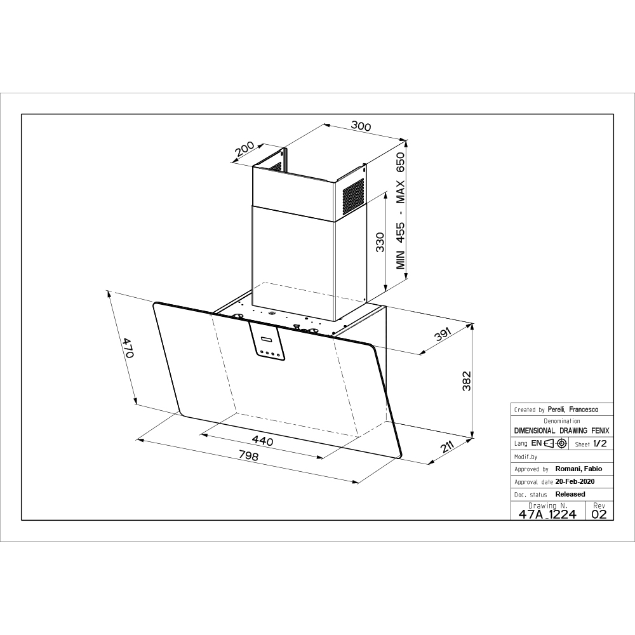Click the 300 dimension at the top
click(x=361, y=126)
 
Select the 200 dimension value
click(x=244, y=149)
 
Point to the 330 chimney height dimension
click(x=380, y=242)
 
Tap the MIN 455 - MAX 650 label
click(x=400, y=211)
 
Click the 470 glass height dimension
click(x=128, y=348)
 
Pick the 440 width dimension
click(x=262, y=440)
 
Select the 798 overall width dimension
click(x=248, y=455)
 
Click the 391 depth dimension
click(x=442, y=335)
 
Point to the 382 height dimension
click(x=467, y=380)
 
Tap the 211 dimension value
click(x=446, y=447)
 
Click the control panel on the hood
click(x=267, y=340)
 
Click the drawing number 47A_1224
click(x=547, y=514)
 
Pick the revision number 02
click(x=599, y=514)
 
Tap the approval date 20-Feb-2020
click(x=575, y=481)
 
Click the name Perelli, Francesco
click(x=573, y=410)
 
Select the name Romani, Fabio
click(x=578, y=469)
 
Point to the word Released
click(x=570, y=494)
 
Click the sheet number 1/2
click(x=600, y=443)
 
